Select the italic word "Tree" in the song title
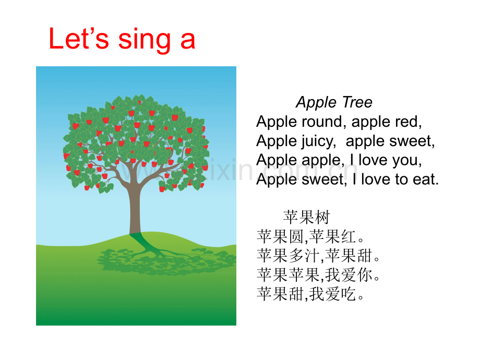pyautogui.click(x=357, y=102)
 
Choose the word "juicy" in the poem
pyautogui.click(x=317, y=142)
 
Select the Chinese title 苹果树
pyautogui.click(x=306, y=218)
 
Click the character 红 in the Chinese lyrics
pyautogui.click(x=349, y=237)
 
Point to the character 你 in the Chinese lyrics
pyautogui.click(x=365, y=274)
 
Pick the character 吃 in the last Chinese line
pyautogui.click(x=348, y=294)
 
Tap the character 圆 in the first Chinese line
pyautogui.click(x=296, y=237)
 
